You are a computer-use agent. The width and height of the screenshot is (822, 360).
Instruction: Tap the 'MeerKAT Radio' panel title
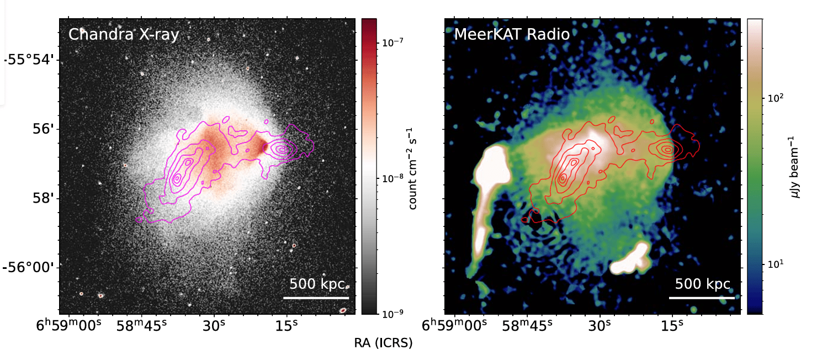coord(512,35)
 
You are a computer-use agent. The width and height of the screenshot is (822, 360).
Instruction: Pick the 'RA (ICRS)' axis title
coord(383,343)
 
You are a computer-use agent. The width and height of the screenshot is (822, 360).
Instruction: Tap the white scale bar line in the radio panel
coord(702,298)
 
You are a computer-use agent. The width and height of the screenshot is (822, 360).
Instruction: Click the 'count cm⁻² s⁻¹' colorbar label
coord(412,167)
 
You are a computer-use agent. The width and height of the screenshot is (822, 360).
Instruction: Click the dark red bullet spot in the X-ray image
coord(264,146)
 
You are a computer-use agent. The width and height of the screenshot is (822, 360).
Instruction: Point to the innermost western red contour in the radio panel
coord(667,149)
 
